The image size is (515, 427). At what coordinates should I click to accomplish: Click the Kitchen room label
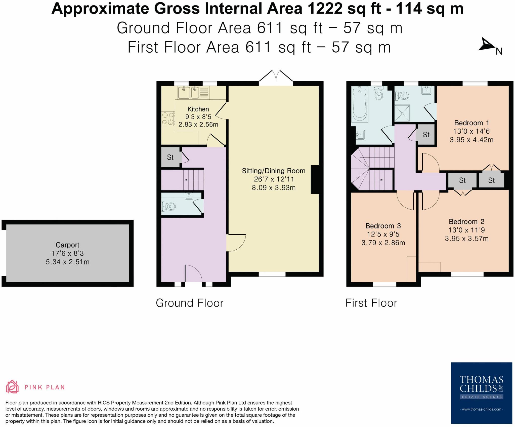click(x=198, y=109)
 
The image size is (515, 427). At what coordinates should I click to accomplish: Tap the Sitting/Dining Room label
click(x=274, y=171)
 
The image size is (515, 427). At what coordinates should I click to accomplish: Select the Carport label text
click(x=67, y=245)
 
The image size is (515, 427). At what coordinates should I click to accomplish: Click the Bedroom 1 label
click(x=471, y=123)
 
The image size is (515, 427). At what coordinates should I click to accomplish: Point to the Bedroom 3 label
click(x=383, y=226)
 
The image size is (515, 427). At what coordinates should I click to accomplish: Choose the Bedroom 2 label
click(x=466, y=222)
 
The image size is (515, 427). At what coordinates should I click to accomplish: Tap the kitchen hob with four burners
click(x=168, y=119)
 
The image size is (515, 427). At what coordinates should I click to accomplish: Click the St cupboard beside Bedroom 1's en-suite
click(x=426, y=135)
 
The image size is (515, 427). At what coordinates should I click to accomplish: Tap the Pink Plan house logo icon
click(x=12, y=387)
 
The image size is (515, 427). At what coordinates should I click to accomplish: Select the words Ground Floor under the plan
click(x=190, y=303)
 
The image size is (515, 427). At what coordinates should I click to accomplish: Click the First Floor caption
click(x=371, y=303)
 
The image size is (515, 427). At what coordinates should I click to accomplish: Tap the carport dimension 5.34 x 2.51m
click(x=67, y=262)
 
